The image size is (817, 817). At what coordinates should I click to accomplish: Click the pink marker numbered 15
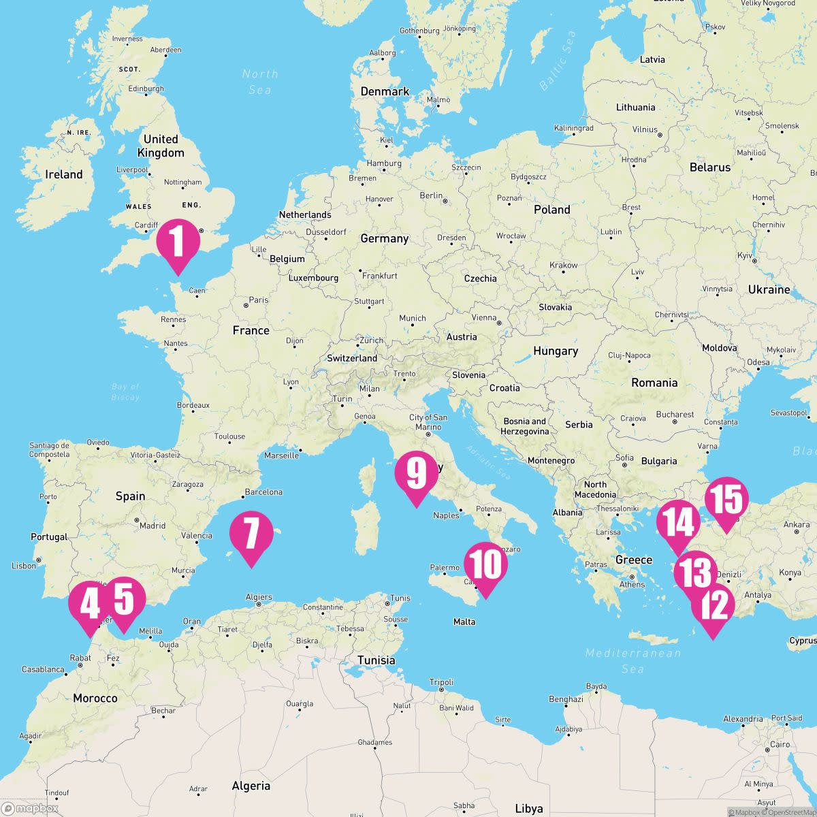pos(726,500)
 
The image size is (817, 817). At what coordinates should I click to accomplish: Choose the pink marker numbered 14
pos(678,524)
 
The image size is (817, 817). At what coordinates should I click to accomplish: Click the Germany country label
pos(384,238)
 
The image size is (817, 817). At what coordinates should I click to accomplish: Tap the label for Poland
pos(551,210)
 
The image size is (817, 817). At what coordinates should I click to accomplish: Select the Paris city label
pos(259,300)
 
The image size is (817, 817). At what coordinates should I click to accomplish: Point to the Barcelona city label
pos(263,492)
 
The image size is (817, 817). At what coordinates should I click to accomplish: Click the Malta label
pos(464,622)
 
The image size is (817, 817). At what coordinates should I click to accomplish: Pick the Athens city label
pos(632,584)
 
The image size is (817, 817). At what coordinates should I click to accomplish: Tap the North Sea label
pos(260,82)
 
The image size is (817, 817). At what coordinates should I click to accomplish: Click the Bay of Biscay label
pos(125,391)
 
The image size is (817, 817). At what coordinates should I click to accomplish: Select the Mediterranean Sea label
pos(632,660)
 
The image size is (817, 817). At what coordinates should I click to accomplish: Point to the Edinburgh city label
pos(146,89)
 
